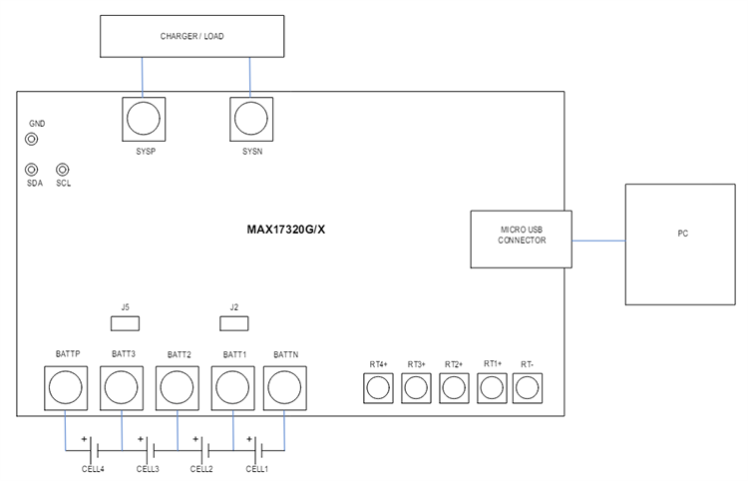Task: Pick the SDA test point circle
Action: click(x=32, y=171)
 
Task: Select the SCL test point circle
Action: click(x=63, y=171)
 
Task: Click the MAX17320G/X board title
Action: click(x=285, y=229)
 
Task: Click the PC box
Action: click(x=681, y=244)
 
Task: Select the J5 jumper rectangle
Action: click(x=124, y=323)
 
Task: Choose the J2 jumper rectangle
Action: click(x=233, y=323)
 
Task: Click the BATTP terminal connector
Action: click(x=67, y=387)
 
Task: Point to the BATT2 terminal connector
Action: click(x=179, y=387)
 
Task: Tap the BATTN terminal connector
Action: click(x=284, y=387)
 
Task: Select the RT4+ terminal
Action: click(x=377, y=388)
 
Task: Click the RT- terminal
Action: click(x=526, y=388)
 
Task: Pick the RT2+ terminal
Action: click(x=453, y=388)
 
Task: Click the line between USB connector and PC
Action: click(x=598, y=240)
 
